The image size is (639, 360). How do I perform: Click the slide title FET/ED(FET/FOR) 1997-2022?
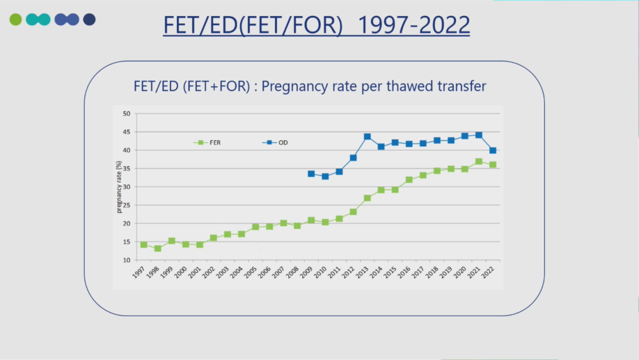(317, 25)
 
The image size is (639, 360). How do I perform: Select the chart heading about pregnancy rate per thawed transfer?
(310, 86)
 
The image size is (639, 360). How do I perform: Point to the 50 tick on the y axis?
(127, 114)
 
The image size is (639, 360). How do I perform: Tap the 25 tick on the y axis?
(127, 205)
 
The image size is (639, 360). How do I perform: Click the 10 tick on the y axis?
(127, 261)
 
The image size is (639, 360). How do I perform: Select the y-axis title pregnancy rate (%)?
(119, 187)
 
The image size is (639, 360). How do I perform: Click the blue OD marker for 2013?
(367, 137)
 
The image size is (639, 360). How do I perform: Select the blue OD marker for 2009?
(311, 173)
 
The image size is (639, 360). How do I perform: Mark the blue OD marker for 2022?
(492, 150)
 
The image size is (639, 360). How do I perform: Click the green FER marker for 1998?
(158, 249)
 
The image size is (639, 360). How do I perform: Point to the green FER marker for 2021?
(479, 162)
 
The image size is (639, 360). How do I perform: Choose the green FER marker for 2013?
(367, 198)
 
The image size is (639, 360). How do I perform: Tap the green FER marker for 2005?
(256, 227)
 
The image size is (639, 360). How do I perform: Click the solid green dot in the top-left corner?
(15, 20)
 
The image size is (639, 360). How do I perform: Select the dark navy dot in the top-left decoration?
(89, 20)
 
